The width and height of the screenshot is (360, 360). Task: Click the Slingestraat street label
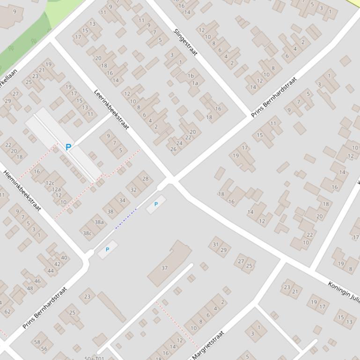[x=185, y=42]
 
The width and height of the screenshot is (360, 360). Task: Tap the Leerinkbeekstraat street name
[x=111, y=110]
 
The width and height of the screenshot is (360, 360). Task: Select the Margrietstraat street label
[x=208, y=346]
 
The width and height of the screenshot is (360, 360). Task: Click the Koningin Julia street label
[x=344, y=293]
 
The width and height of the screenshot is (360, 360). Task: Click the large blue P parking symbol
[x=68, y=147]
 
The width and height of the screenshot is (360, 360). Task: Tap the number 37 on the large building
[x=164, y=268]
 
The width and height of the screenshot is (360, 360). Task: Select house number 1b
[x=191, y=76]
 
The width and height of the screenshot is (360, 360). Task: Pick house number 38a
[x=99, y=222]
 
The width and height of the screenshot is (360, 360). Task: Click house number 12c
[x=50, y=183]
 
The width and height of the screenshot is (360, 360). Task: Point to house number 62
[x=7, y=311]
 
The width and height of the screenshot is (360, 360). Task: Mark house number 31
[x=215, y=244]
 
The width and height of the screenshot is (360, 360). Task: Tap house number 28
[x=145, y=179]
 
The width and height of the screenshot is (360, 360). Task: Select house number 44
[x=51, y=271]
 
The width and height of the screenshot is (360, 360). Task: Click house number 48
[x=30, y=288]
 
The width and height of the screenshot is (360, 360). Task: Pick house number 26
[x=173, y=150]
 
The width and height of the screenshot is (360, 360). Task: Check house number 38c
[x=87, y=233]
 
